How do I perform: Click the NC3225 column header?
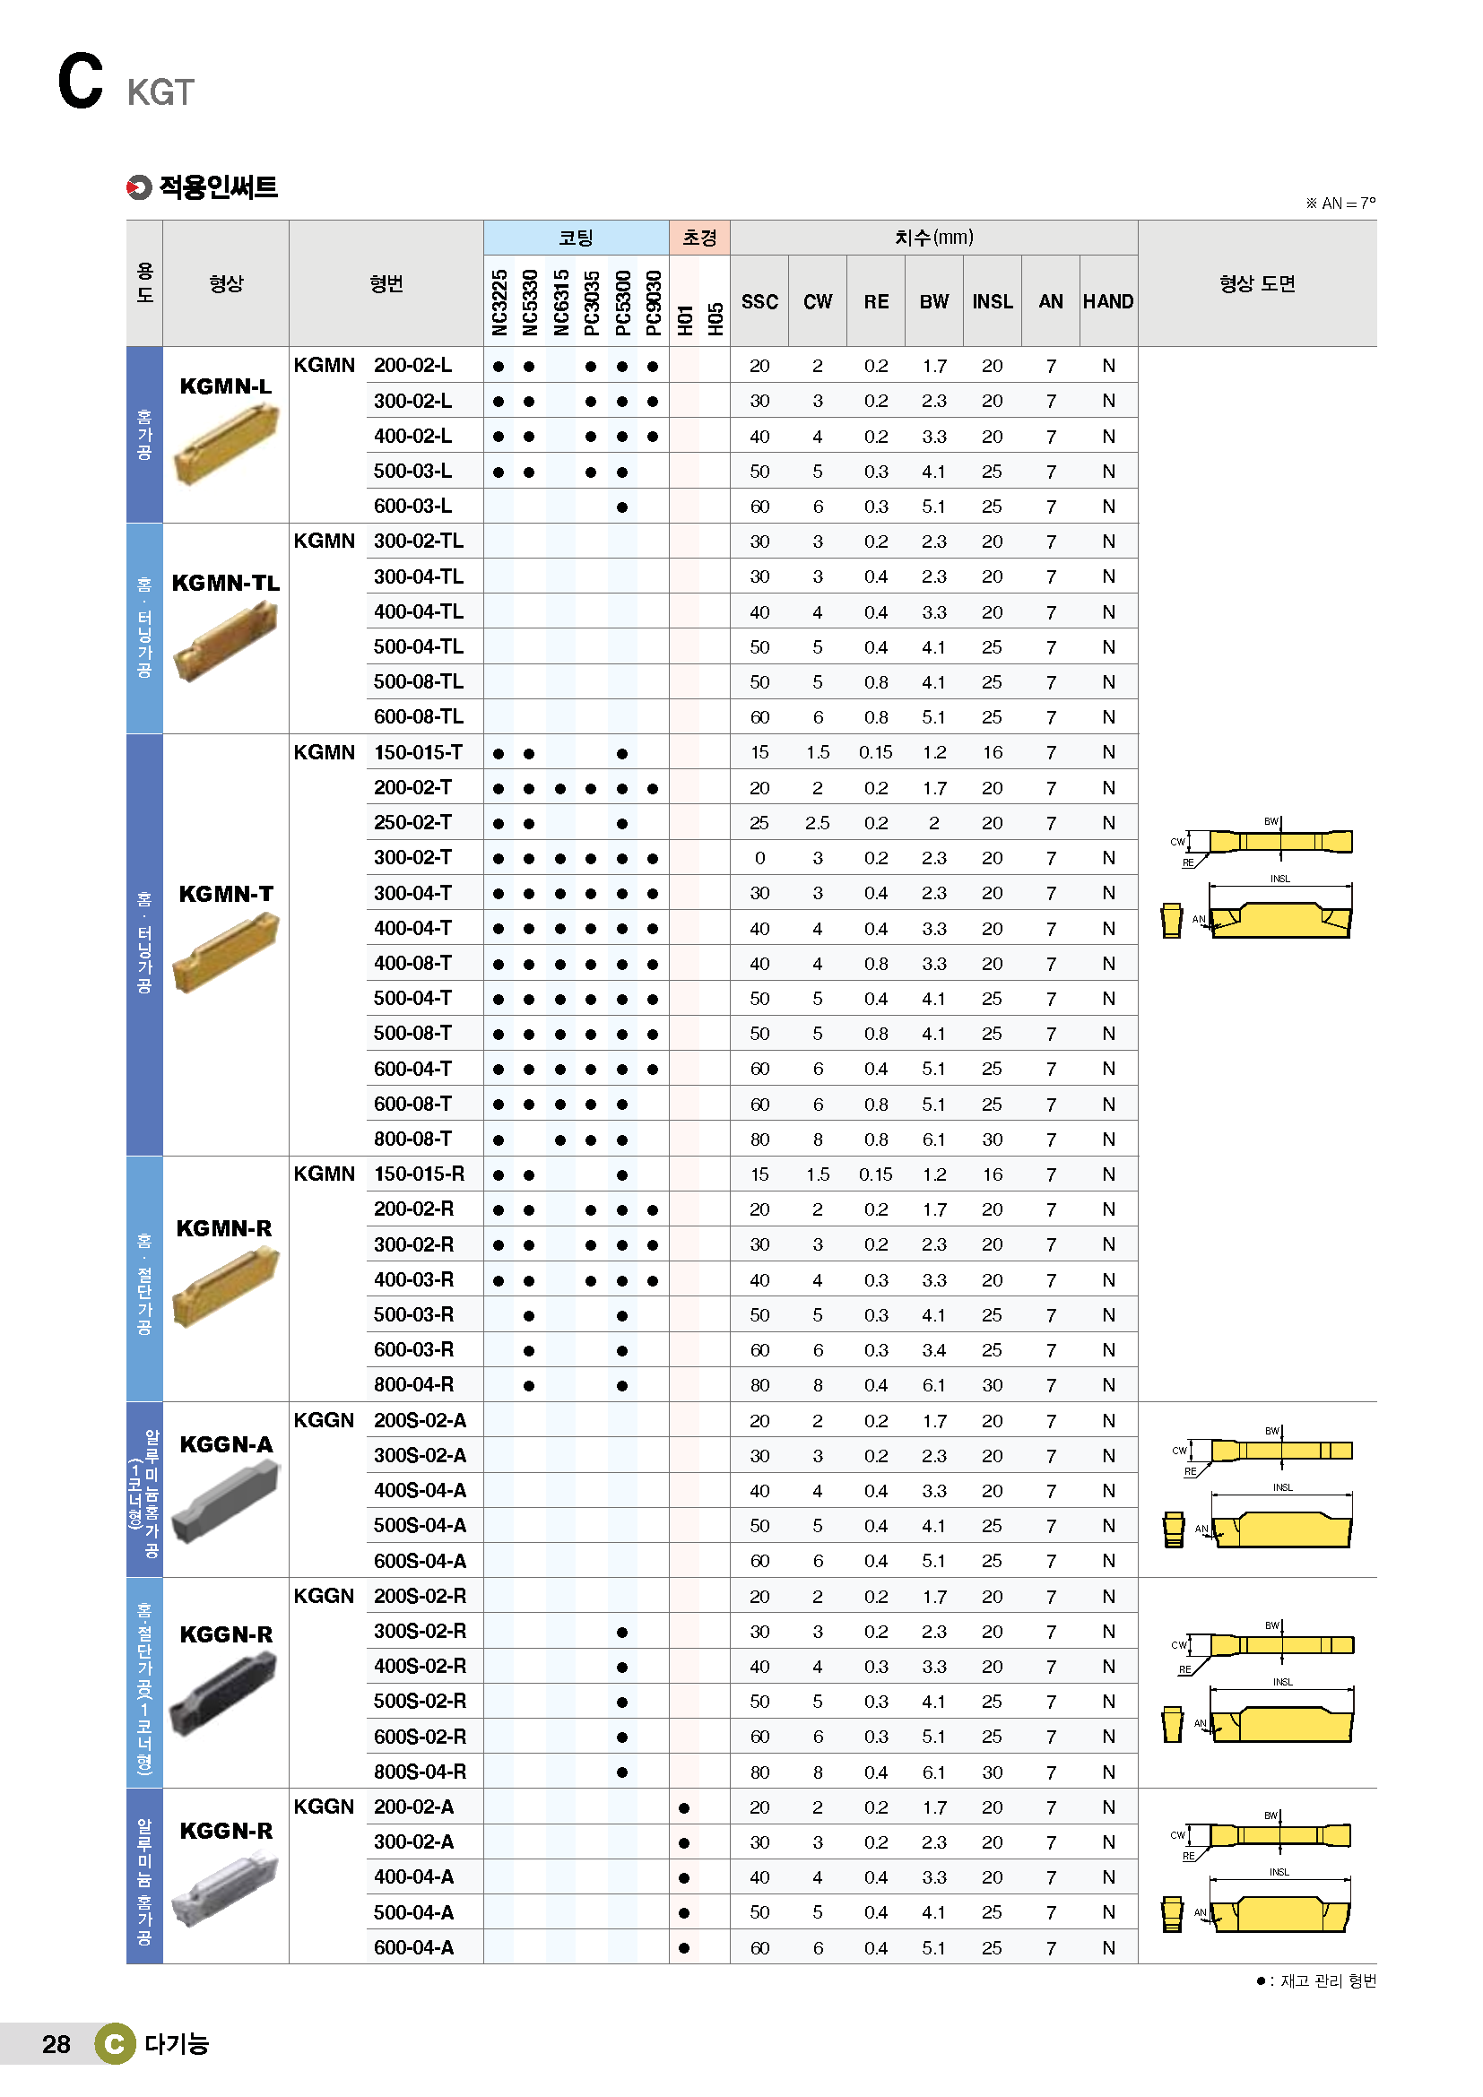click(x=499, y=302)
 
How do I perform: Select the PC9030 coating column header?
click(x=653, y=302)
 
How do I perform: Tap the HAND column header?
click(x=1107, y=301)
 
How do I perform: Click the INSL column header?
click(x=992, y=301)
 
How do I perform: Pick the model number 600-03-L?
click(x=412, y=506)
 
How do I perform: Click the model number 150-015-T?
click(x=418, y=752)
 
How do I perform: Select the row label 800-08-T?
click(x=412, y=1139)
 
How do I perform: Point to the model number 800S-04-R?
click(x=420, y=1772)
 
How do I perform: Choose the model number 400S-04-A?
click(x=420, y=1491)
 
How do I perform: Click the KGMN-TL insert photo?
click(x=226, y=644)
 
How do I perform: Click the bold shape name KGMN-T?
click(x=226, y=894)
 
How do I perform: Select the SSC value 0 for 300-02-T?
click(x=759, y=858)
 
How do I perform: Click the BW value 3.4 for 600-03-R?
click(x=933, y=1350)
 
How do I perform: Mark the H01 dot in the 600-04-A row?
click(x=684, y=1948)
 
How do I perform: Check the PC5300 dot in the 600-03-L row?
click(x=622, y=507)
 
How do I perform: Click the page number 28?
click(x=56, y=2044)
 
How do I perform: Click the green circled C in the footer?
click(x=114, y=2044)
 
